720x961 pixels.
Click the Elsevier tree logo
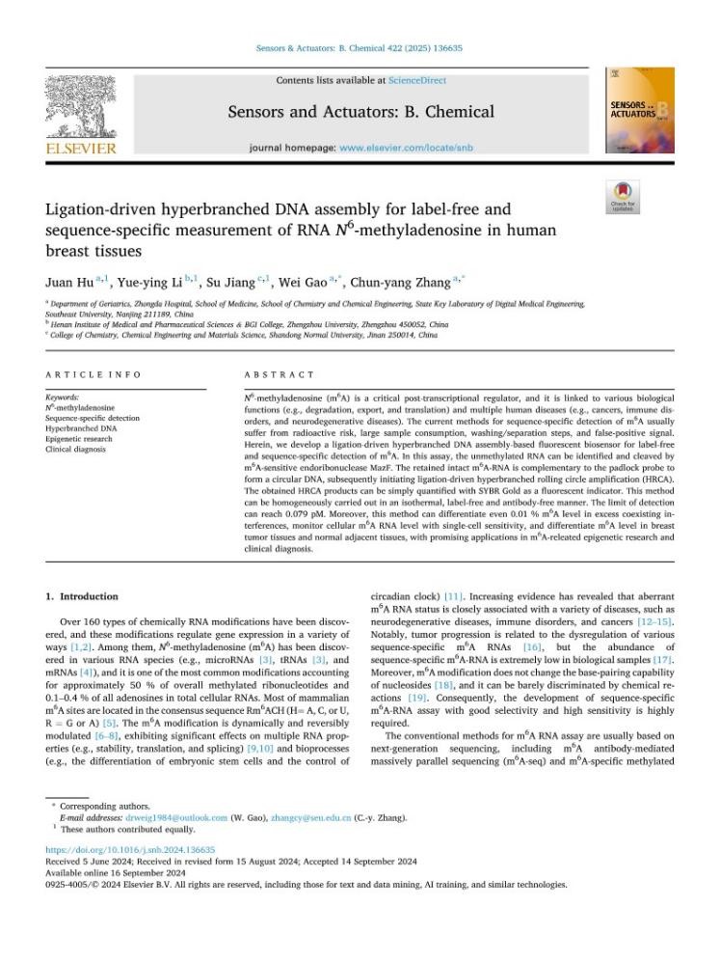click(80, 105)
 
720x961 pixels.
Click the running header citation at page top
click(360, 47)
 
